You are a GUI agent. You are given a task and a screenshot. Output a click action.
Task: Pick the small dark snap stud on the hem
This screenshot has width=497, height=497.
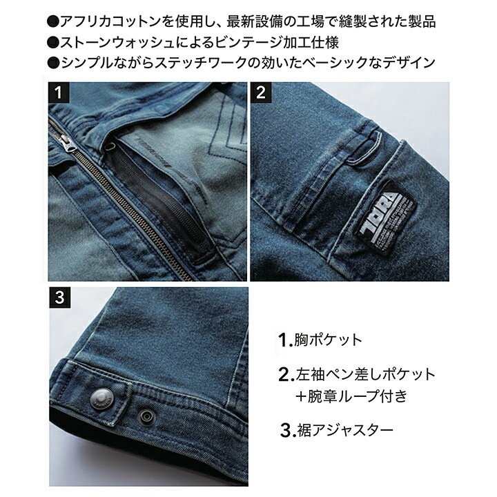(x=146, y=416)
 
